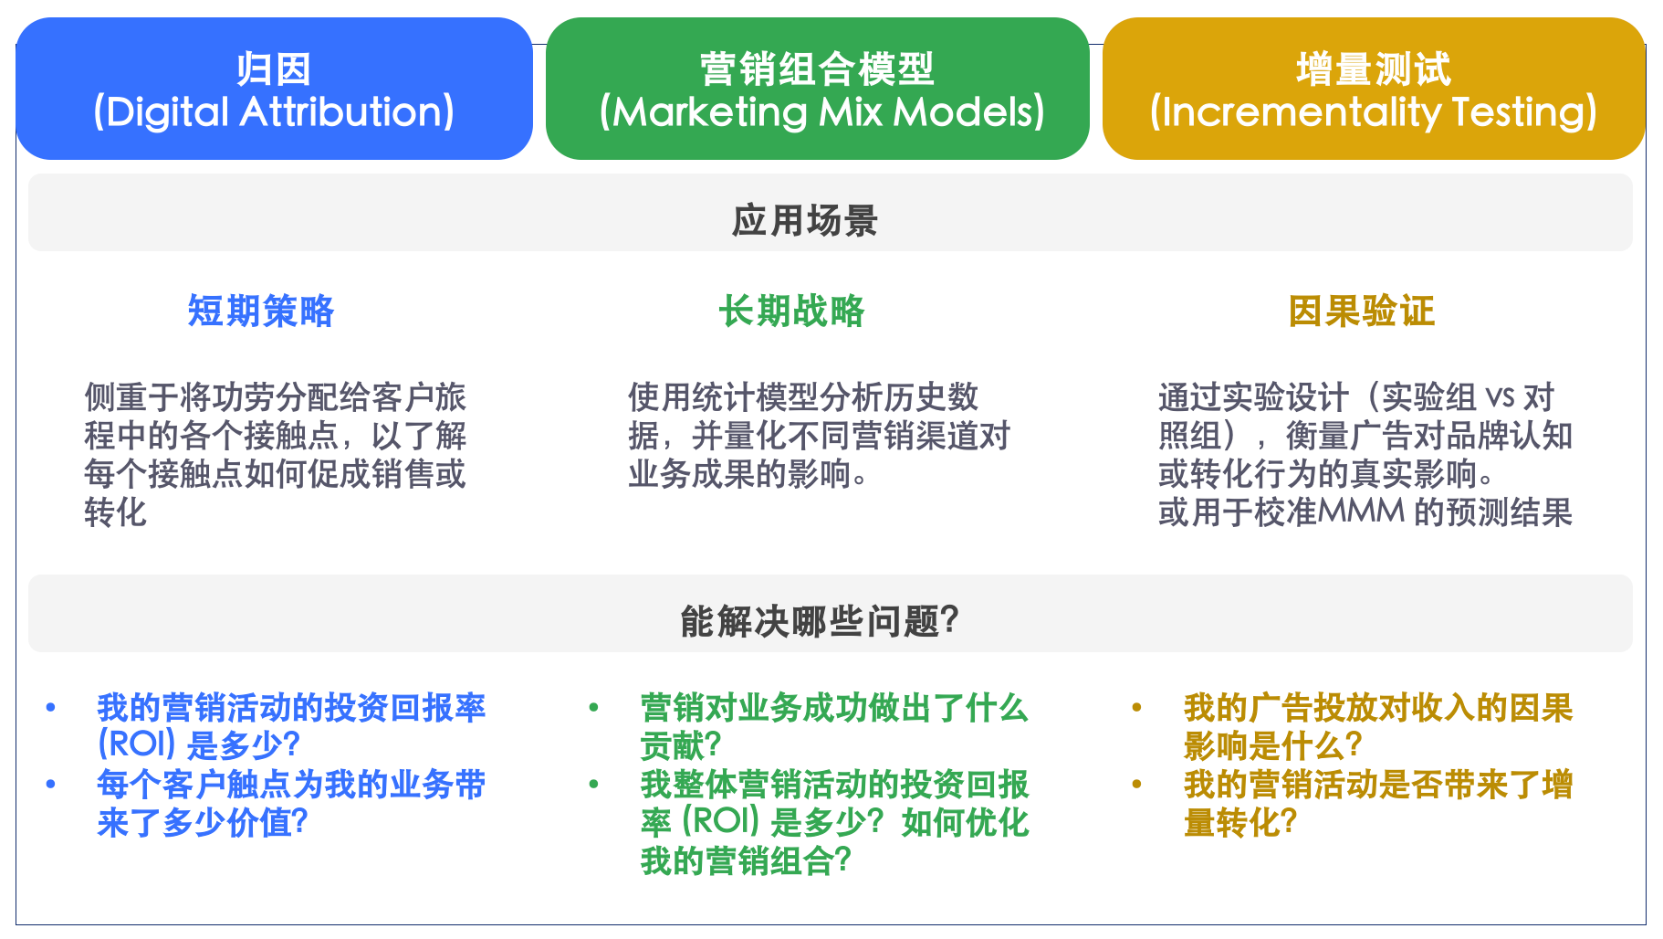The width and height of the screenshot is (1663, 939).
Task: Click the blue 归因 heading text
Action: pyautogui.click(x=273, y=69)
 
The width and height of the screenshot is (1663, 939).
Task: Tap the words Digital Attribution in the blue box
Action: pyautogui.click(x=273, y=112)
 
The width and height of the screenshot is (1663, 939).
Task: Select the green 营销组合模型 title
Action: pyautogui.click(x=817, y=69)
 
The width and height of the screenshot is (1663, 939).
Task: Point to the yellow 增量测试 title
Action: pyautogui.click(x=1373, y=69)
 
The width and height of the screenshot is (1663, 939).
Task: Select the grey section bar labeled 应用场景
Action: pyautogui.click(x=804, y=220)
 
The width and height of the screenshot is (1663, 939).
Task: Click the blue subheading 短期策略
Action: pyautogui.click(x=261, y=311)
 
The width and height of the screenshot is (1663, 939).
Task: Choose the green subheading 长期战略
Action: pyautogui.click(x=791, y=311)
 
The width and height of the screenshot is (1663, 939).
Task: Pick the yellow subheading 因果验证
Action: pyautogui.click(x=1361, y=311)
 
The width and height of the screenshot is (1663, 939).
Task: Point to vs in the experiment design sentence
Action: pyautogui.click(x=1501, y=397)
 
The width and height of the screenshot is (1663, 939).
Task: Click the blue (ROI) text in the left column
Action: pyautogui.click(x=136, y=744)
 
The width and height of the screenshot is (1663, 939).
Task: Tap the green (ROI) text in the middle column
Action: pyautogui.click(x=720, y=821)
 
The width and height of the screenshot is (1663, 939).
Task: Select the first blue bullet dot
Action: pyautogui.click(x=51, y=707)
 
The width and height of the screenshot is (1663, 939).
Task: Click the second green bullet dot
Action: pyautogui.click(x=594, y=784)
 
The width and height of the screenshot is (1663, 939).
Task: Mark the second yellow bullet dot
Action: pyautogui.click(x=1136, y=784)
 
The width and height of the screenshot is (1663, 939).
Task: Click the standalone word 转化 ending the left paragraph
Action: pyautogui.click(x=115, y=512)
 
